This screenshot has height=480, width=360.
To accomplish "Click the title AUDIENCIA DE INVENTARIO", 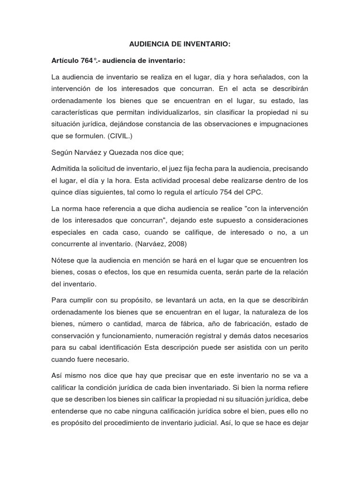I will (x=180, y=45).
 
